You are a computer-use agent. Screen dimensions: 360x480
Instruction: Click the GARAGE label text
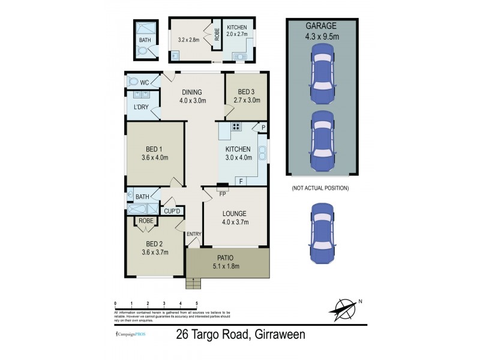[x=321, y=26]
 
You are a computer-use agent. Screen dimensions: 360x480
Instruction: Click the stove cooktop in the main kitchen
[x=236, y=127]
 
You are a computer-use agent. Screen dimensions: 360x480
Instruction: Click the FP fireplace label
[x=222, y=194]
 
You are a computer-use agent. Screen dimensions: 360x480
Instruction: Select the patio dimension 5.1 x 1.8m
[x=227, y=266]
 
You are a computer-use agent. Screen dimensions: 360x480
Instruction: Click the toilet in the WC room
[x=133, y=82]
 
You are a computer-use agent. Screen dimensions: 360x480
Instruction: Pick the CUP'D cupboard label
[x=173, y=211]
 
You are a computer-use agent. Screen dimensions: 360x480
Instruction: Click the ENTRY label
[x=194, y=234]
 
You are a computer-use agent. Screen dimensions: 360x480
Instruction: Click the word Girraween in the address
[x=278, y=335]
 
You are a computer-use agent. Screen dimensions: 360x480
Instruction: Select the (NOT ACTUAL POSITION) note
[x=320, y=188]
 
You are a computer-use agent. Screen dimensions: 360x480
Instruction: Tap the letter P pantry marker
[x=263, y=127]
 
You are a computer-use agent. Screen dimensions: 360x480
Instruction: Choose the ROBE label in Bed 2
[x=146, y=221]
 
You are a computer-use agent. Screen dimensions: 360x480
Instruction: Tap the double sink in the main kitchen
[x=262, y=153]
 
